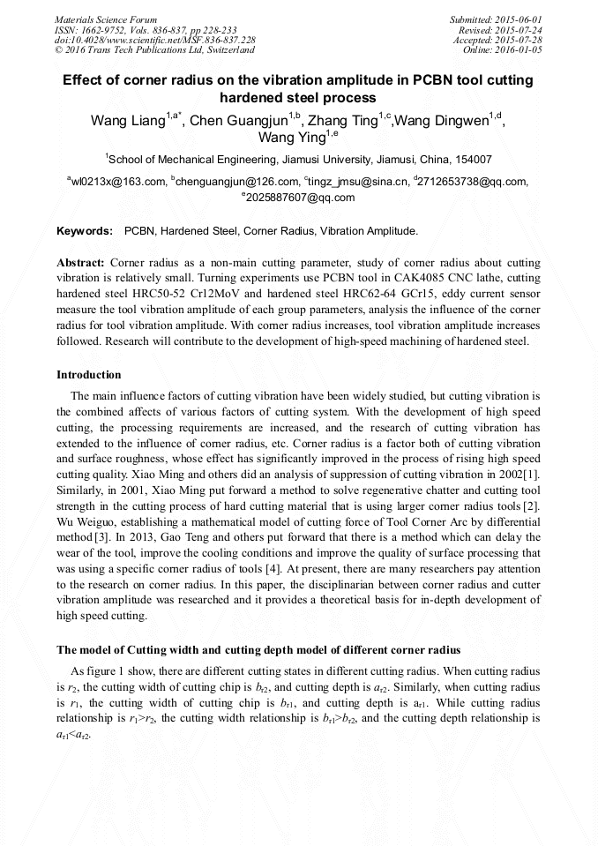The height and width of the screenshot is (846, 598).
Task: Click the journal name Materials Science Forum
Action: (x=106, y=19)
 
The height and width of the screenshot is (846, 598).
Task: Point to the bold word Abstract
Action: (x=80, y=263)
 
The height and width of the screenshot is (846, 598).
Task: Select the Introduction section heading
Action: (x=89, y=375)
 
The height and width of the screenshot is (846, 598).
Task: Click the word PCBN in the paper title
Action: (x=428, y=80)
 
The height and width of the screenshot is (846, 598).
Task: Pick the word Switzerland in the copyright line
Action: (x=224, y=50)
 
